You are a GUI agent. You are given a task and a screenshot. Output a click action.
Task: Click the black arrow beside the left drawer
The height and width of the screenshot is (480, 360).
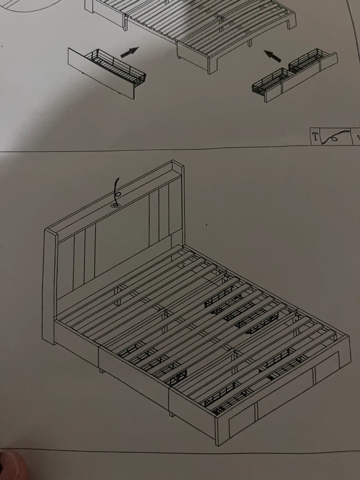coord(129,52)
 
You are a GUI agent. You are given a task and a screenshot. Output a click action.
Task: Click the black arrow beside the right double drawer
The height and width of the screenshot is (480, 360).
coord(272,56)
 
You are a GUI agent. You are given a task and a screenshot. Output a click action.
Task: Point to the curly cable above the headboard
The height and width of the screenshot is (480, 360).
coord(117,190)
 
